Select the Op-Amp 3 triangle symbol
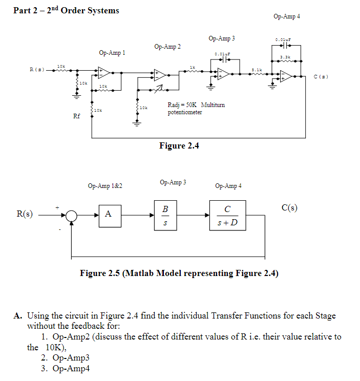[x=223, y=74]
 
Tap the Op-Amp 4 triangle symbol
[x=286, y=76]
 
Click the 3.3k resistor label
[x=285, y=56]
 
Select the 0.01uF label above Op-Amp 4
[x=283, y=39]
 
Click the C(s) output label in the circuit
[x=321, y=76]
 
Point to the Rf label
[x=77, y=116]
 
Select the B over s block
[x=164, y=215]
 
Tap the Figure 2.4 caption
[x=179, y=146]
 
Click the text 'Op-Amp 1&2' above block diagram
[x=105, y=186]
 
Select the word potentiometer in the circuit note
[x=185, y=112]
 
